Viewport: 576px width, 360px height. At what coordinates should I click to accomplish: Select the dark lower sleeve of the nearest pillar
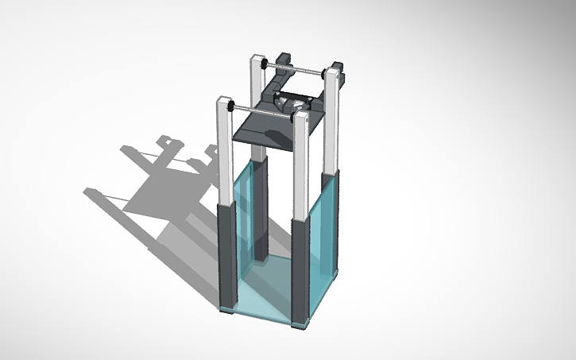pyautogui.click(x=302, y=270)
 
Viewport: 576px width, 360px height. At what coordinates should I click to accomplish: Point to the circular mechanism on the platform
pyautogui.click(x=291, y=103)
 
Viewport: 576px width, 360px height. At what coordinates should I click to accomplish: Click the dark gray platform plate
pyautogui.click(x=266, y=127)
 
